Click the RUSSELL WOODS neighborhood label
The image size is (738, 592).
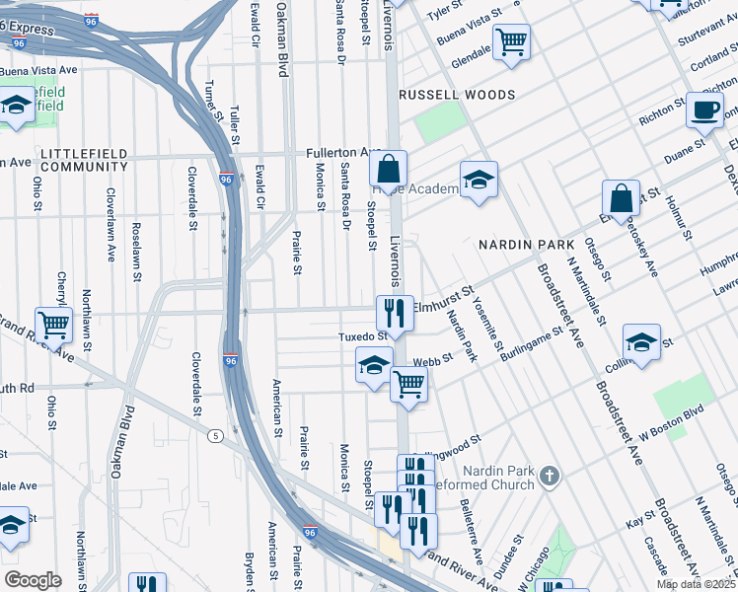point(456,95)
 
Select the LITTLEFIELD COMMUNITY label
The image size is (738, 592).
point(85,160)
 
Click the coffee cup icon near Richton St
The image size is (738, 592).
point(704,110)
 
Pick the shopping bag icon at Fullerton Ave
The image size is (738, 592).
point(390,168)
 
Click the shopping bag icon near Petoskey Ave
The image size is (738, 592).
point(623,198)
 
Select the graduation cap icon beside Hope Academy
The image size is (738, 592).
point(479,181)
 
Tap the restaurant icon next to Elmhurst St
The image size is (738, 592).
point(395,314)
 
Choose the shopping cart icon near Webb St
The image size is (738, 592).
point(408,385)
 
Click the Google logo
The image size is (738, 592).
point(33,580)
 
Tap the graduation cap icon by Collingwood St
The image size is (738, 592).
point(642,343)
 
